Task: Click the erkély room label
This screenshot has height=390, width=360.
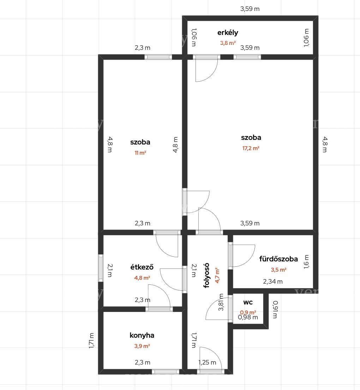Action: pos(228,32)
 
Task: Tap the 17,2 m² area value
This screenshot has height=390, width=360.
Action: pos(251,148)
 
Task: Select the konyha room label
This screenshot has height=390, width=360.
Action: pos(142,335)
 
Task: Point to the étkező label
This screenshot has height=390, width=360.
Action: pos(142,267)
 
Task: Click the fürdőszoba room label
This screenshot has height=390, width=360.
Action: pos(278,259)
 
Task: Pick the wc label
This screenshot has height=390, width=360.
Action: pos(248,302)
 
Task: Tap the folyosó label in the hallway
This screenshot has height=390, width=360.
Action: pos(206,276)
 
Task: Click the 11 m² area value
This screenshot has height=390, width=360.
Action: pos(140,153)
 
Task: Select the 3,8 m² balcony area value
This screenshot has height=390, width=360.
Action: pos(228,43)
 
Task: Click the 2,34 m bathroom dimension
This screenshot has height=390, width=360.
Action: pos(273,282)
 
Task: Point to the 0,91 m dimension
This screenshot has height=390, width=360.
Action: pos(275,309)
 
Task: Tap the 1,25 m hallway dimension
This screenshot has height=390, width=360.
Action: pos(207,362)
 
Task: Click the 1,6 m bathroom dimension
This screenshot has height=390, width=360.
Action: pos(306,262)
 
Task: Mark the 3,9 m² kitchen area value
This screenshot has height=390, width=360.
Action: pos(142,346)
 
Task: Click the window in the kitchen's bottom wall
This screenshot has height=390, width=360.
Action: pos(166,372)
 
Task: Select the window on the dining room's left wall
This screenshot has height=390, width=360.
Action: pos(101,268)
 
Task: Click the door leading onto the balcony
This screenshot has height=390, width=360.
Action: pos(206,68)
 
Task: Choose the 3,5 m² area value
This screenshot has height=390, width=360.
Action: pos(278,270)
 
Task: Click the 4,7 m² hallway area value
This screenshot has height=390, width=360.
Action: pos(217,276)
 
